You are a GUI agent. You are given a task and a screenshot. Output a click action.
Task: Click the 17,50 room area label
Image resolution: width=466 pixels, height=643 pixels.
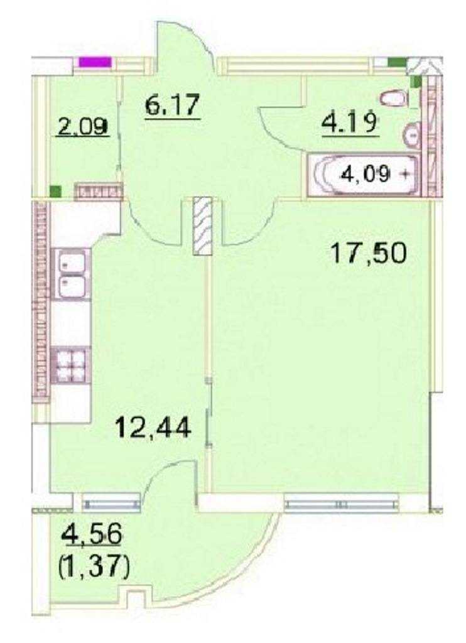click(x=369, y=253)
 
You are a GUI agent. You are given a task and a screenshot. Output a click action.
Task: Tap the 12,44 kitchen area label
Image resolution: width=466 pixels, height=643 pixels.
click(x=153, y=427)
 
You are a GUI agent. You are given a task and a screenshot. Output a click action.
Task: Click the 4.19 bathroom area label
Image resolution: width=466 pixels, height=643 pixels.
click(x=350, y=122)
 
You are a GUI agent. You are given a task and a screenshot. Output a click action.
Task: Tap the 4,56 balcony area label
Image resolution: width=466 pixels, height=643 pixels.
click(x=92, y=534)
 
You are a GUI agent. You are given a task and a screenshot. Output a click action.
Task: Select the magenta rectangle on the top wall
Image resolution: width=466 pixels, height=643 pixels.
click(x=95, y=62)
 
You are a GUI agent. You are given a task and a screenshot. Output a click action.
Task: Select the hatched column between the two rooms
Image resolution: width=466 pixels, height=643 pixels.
click(x=203, y=226)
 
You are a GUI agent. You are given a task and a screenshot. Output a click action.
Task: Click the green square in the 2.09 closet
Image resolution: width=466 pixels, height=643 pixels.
click(x=55, y=191)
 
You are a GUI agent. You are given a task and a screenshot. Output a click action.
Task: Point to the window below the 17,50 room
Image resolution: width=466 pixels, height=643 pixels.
click(x=341, y=503)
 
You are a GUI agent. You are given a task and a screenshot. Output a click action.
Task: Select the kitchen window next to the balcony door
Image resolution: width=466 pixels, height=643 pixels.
click(x=111, y=504)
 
